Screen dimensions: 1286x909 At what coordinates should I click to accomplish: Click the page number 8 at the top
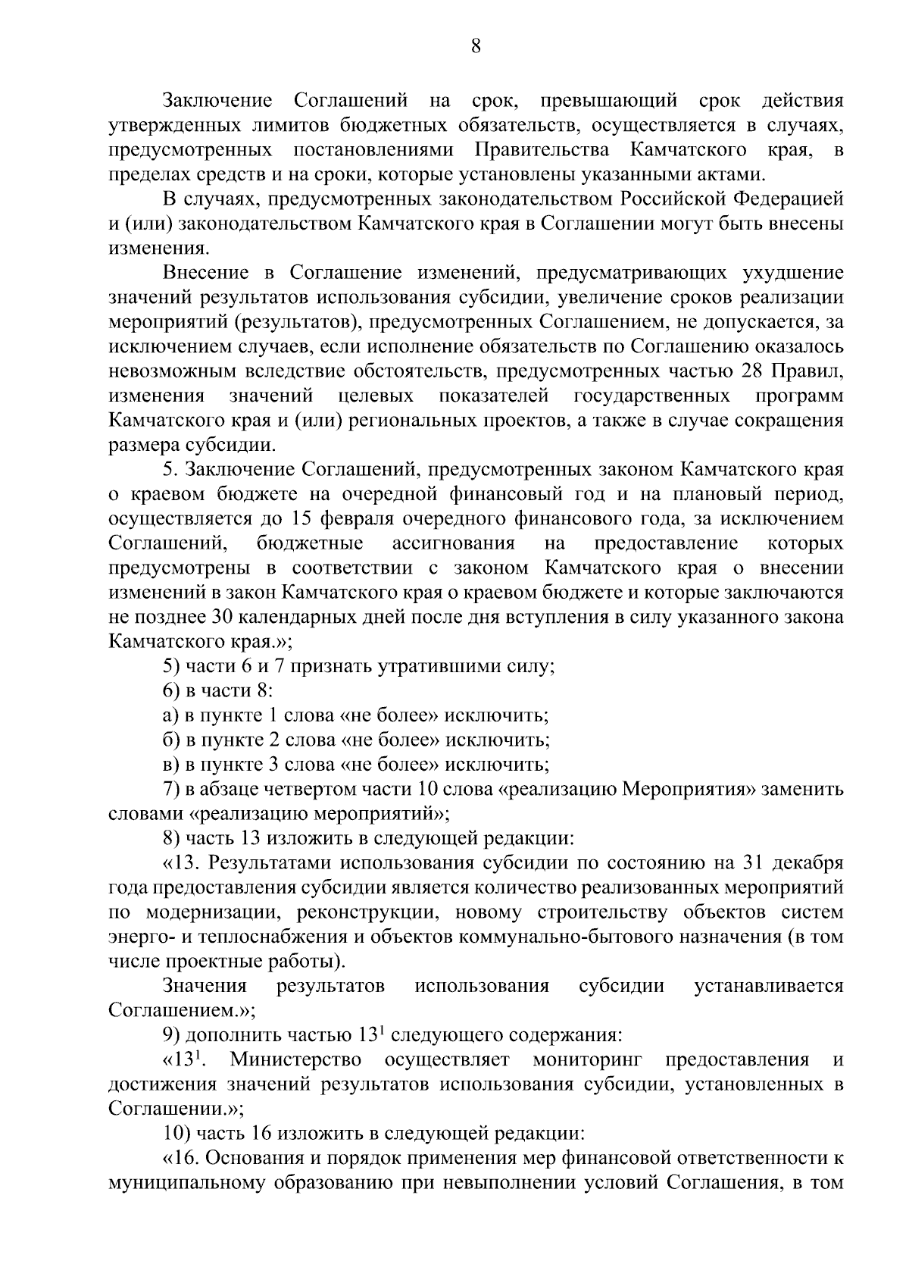(475, 47)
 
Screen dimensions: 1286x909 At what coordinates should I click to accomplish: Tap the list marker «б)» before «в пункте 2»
(170, 740)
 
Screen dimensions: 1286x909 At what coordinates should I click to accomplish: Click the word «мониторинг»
(588, 1059)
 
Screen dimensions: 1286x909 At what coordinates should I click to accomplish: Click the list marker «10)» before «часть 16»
(177, 1134)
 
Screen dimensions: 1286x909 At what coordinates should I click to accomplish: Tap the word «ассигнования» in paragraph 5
(453, 543)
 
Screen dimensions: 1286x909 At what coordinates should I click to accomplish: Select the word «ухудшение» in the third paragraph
(795, 273)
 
